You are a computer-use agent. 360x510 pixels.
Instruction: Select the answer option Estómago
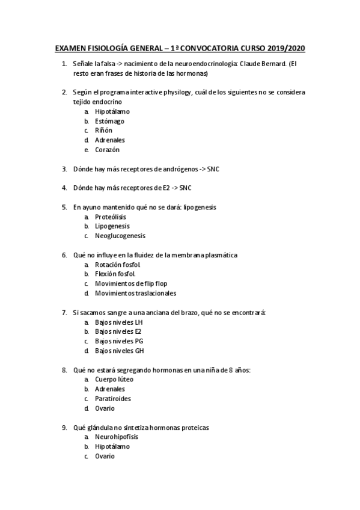[109, 121]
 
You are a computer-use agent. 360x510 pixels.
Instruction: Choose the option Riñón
[103, 131]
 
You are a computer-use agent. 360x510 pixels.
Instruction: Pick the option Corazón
[108, 150]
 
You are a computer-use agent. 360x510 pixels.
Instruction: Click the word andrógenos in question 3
[175, 169]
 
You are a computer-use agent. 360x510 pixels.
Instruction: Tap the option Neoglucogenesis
[120, 236]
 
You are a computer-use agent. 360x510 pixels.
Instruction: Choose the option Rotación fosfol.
[118, 265]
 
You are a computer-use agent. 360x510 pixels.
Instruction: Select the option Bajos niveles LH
[118, 322]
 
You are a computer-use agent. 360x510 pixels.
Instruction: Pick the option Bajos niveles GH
[119, 351]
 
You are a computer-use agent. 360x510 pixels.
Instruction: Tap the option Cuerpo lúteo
[114, 379]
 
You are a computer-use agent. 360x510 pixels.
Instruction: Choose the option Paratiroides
[113, 399]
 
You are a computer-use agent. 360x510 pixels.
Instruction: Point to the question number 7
[64, 313]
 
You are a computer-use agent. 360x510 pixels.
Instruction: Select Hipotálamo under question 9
[112, 447]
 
